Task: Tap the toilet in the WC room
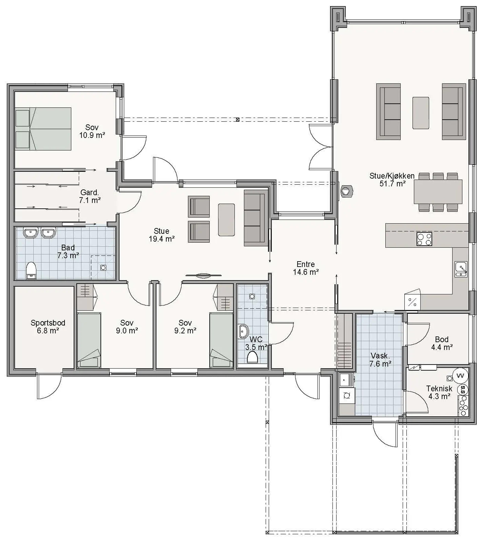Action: (252, 357)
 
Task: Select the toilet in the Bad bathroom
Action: (31, 270)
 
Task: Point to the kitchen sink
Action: (461, 270)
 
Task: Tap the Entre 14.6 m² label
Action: (306, 268)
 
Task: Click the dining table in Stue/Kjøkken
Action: (438, 192)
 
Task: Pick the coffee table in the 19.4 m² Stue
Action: (226, 220)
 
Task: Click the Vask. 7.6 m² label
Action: (380, 360)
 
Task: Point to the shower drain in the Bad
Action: (103, 268)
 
